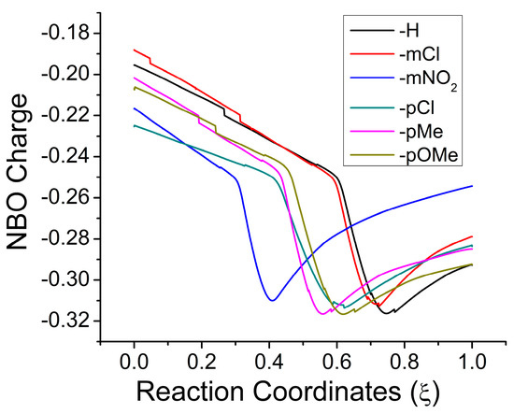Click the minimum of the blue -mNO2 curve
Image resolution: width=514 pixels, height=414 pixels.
272,300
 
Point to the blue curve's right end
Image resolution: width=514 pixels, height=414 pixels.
472,186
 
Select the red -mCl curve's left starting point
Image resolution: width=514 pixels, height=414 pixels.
135,50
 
